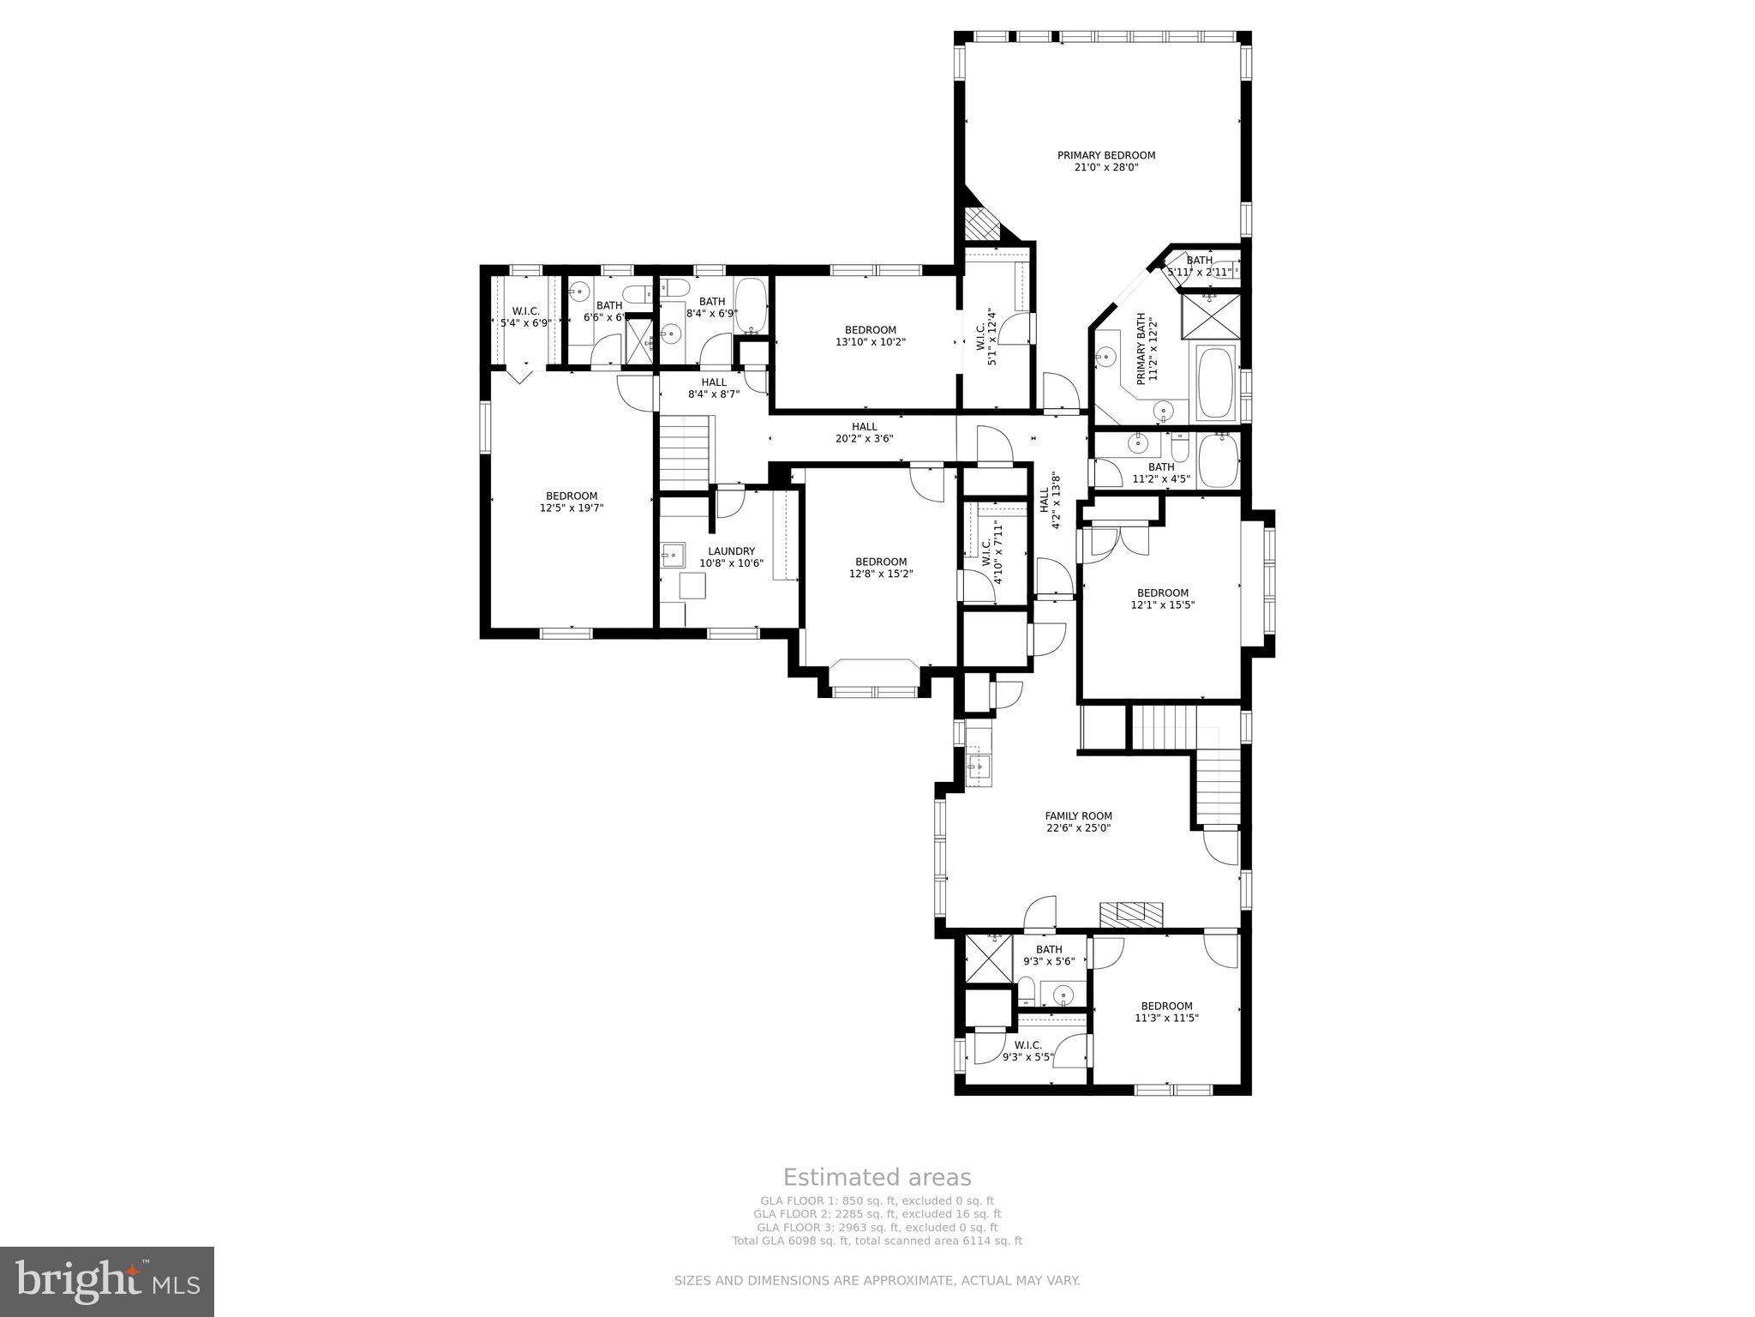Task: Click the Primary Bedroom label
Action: [1105, 155]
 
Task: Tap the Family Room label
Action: [1078, 816]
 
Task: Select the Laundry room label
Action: [731, 551]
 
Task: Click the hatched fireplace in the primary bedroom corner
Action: [981, 226]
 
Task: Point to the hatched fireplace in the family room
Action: [1131, 914]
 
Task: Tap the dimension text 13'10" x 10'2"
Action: [870, 342]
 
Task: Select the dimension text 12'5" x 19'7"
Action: [572, 508]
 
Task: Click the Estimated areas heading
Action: [877, 1177]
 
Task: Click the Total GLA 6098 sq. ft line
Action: [877, 1241]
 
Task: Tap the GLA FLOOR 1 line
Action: [877, 1201]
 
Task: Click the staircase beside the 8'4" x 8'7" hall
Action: [686, 449]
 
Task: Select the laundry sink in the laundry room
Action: [673, 555]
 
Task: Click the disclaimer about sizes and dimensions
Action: [877, 1281]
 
